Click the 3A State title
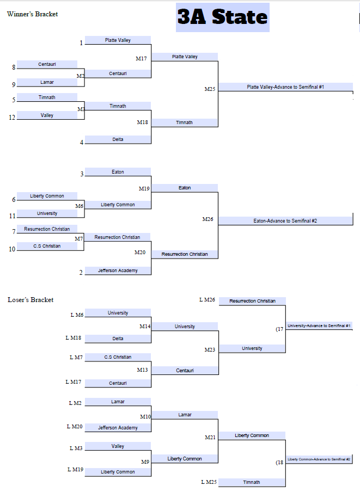point(223,17)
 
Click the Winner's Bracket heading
point(32,14)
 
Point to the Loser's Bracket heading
point(30,299)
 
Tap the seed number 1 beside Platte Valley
point(81,43)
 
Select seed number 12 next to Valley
point(12,117)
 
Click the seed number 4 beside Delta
point(82,143)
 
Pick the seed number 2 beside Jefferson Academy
point(81,273)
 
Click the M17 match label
point(141,58)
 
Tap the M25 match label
point(210,89)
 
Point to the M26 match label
point(208,219)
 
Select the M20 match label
point(140,253)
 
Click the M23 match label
point(210,350)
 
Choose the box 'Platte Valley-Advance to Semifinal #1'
point(285,87)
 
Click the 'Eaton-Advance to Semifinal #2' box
point(285,221)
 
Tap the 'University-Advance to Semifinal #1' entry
point(319,325)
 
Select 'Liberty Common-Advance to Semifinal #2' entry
point(319,459)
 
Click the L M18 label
point(73,338)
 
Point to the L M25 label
point(208,482)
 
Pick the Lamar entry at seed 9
point(47,82)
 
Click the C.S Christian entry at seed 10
point(47,246)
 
